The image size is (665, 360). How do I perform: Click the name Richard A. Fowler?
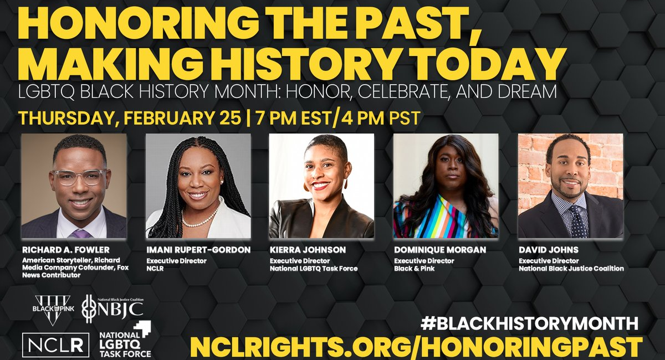(66, 250)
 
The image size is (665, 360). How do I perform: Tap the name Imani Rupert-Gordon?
(198, 250)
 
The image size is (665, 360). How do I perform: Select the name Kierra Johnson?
(308, 250)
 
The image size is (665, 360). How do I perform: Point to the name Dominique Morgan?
(440, 250)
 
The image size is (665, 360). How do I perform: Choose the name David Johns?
(549, 250)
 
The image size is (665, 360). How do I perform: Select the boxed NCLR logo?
(55, 345)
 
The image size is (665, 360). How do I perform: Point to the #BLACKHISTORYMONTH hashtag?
(529, 323)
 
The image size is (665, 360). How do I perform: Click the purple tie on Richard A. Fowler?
(80, 234)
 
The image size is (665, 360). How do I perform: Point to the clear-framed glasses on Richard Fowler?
(80, 177)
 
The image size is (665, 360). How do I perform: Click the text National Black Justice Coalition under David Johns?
(571, 269)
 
